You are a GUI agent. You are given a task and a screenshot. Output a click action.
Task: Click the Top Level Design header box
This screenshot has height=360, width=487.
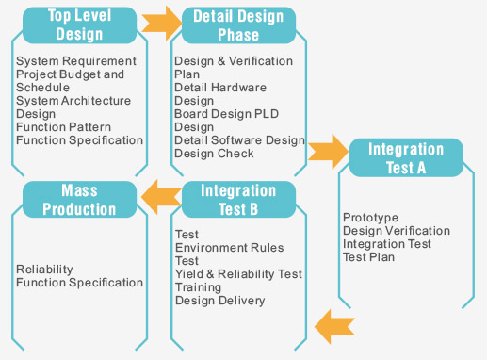coord(79,25)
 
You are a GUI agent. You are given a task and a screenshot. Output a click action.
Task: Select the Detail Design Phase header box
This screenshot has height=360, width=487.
coord(237,25)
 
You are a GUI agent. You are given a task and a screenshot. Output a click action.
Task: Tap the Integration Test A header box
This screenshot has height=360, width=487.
coord(406,158)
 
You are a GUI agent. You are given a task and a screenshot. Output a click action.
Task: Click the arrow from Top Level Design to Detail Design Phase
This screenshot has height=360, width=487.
coord(157,23)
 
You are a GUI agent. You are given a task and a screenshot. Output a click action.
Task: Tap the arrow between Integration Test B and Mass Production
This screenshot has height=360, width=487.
coord(161,196)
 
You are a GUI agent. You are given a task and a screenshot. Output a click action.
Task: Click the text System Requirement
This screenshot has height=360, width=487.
coord(76,61)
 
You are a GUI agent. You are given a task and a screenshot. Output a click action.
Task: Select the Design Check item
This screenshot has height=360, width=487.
coord(214,154)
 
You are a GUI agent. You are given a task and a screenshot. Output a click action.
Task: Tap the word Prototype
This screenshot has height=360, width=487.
coord(370,217)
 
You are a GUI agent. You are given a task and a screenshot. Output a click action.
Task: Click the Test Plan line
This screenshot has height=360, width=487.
coord(368,256)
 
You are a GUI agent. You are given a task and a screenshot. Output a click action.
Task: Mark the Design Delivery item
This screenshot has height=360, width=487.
coord(219,301)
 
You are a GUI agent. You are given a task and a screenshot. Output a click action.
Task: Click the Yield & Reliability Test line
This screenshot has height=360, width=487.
coord(238,273)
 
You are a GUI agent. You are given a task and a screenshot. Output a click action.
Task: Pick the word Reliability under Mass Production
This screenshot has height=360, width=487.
coord(44,269)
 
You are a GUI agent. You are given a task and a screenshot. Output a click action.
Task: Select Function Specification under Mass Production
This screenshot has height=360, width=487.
coord(79,282)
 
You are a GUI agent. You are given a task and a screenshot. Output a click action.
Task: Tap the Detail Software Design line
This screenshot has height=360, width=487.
coord(239,140)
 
